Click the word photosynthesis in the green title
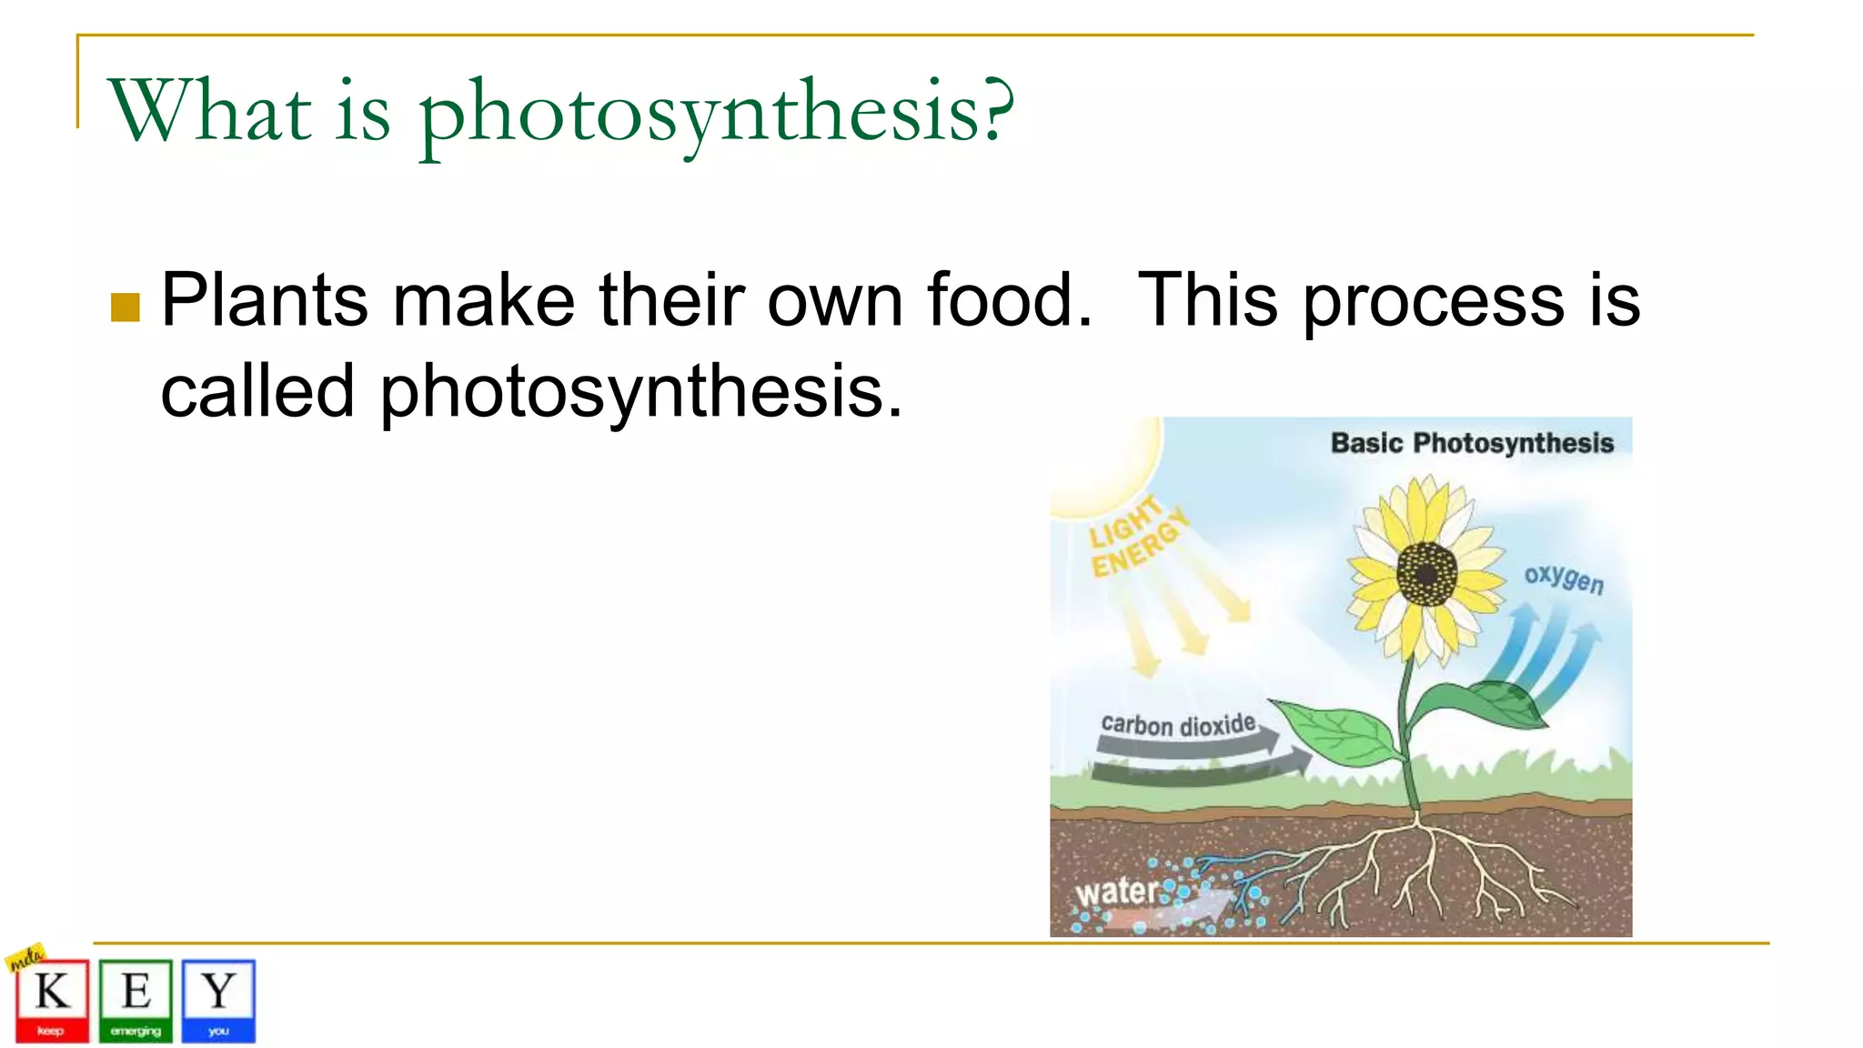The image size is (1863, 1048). [715, 114]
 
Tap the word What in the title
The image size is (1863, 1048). [209, 111]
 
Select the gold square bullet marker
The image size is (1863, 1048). [126, 307]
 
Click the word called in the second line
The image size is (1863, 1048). [257, 391]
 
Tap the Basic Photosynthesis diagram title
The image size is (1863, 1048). [1471, 443]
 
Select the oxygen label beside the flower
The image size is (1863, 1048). [1564, 578]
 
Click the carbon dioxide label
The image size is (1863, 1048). [1178, 725]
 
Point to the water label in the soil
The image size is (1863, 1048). [1116, 892]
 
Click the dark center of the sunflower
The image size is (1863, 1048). [1426, 574]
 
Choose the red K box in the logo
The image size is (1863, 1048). [52, 1001]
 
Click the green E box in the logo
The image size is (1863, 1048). [136, 1001]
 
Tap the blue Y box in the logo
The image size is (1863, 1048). [218, 1001]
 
